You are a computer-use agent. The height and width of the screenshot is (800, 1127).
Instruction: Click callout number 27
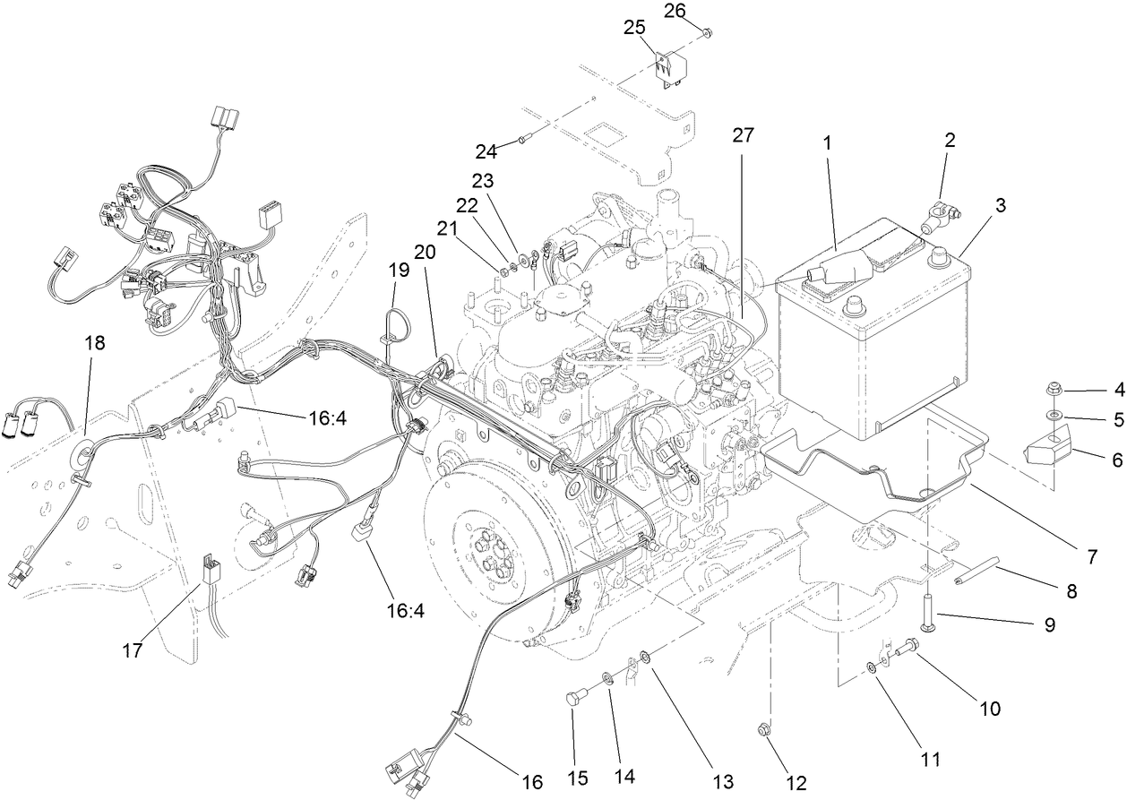(x=743, y=135)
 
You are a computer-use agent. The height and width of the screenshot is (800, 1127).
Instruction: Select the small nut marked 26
(x=708, y=33)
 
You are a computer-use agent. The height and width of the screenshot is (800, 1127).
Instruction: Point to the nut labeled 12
(x=764, y=729)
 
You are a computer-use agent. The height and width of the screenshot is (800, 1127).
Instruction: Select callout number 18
(x=95, y=342)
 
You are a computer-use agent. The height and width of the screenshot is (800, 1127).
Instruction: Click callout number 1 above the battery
(x=828, y=142)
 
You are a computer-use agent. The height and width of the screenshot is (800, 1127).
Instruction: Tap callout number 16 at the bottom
(x=532, y=782)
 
